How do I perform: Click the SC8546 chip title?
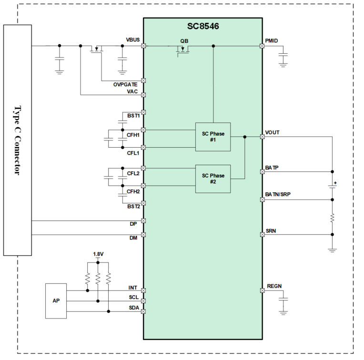[203, 26]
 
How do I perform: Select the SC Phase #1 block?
[213, 137]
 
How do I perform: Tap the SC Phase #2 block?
[213, 179]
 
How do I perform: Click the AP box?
[56, 301]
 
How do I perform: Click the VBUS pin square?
[143, 46]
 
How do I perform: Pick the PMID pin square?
[262, 46]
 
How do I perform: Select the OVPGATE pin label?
[125, 84]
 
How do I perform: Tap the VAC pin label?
[132, 91]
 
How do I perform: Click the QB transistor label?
[184, 41]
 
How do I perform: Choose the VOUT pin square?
[263, 137]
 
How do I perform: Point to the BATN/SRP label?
[278, 194]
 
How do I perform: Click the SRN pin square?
[263, 235]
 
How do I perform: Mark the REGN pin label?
[274, 286]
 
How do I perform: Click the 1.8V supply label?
[99, 254]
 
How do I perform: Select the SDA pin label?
[134, 308]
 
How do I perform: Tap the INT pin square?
[143, 290]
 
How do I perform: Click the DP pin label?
[133, 224]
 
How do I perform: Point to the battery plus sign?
[335, 183]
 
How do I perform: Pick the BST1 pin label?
[133, 116]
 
